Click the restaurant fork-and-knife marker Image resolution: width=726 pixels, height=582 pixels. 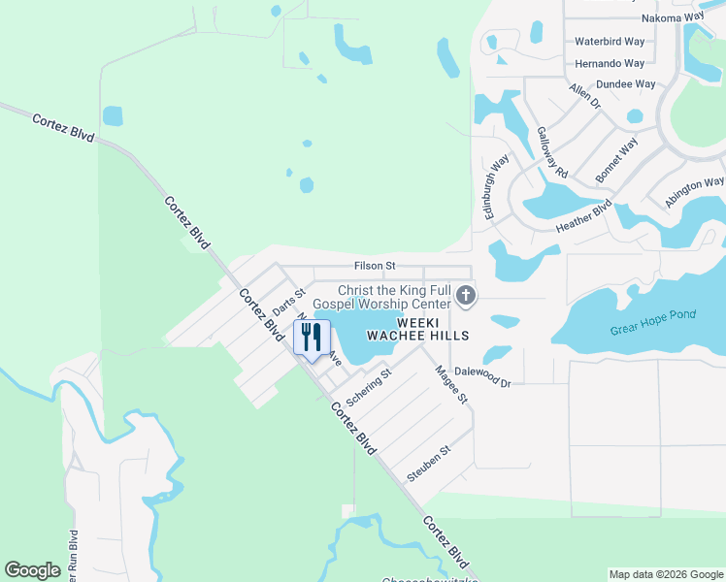[x=312, y=339]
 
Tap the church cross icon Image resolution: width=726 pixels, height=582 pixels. [x=466, y=295]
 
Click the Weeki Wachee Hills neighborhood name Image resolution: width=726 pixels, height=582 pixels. [x=416, y=328]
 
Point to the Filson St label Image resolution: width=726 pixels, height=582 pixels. [x=375, y=265]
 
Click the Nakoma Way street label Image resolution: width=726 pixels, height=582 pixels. [x=672, y=17]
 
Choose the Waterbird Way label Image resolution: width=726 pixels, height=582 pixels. [x=610, y=42]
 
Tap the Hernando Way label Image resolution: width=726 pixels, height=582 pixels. [x=610, y=63]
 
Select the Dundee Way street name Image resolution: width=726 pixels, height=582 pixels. [x=625, y=84]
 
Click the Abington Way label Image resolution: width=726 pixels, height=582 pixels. [x=694, y=191]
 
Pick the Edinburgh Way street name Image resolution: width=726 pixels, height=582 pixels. [x=496, y=185]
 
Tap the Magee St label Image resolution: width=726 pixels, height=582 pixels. [x=451, y=384]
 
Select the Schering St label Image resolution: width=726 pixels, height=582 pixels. [x=368, y=388]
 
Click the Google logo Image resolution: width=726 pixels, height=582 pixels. [x=33, y=569]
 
